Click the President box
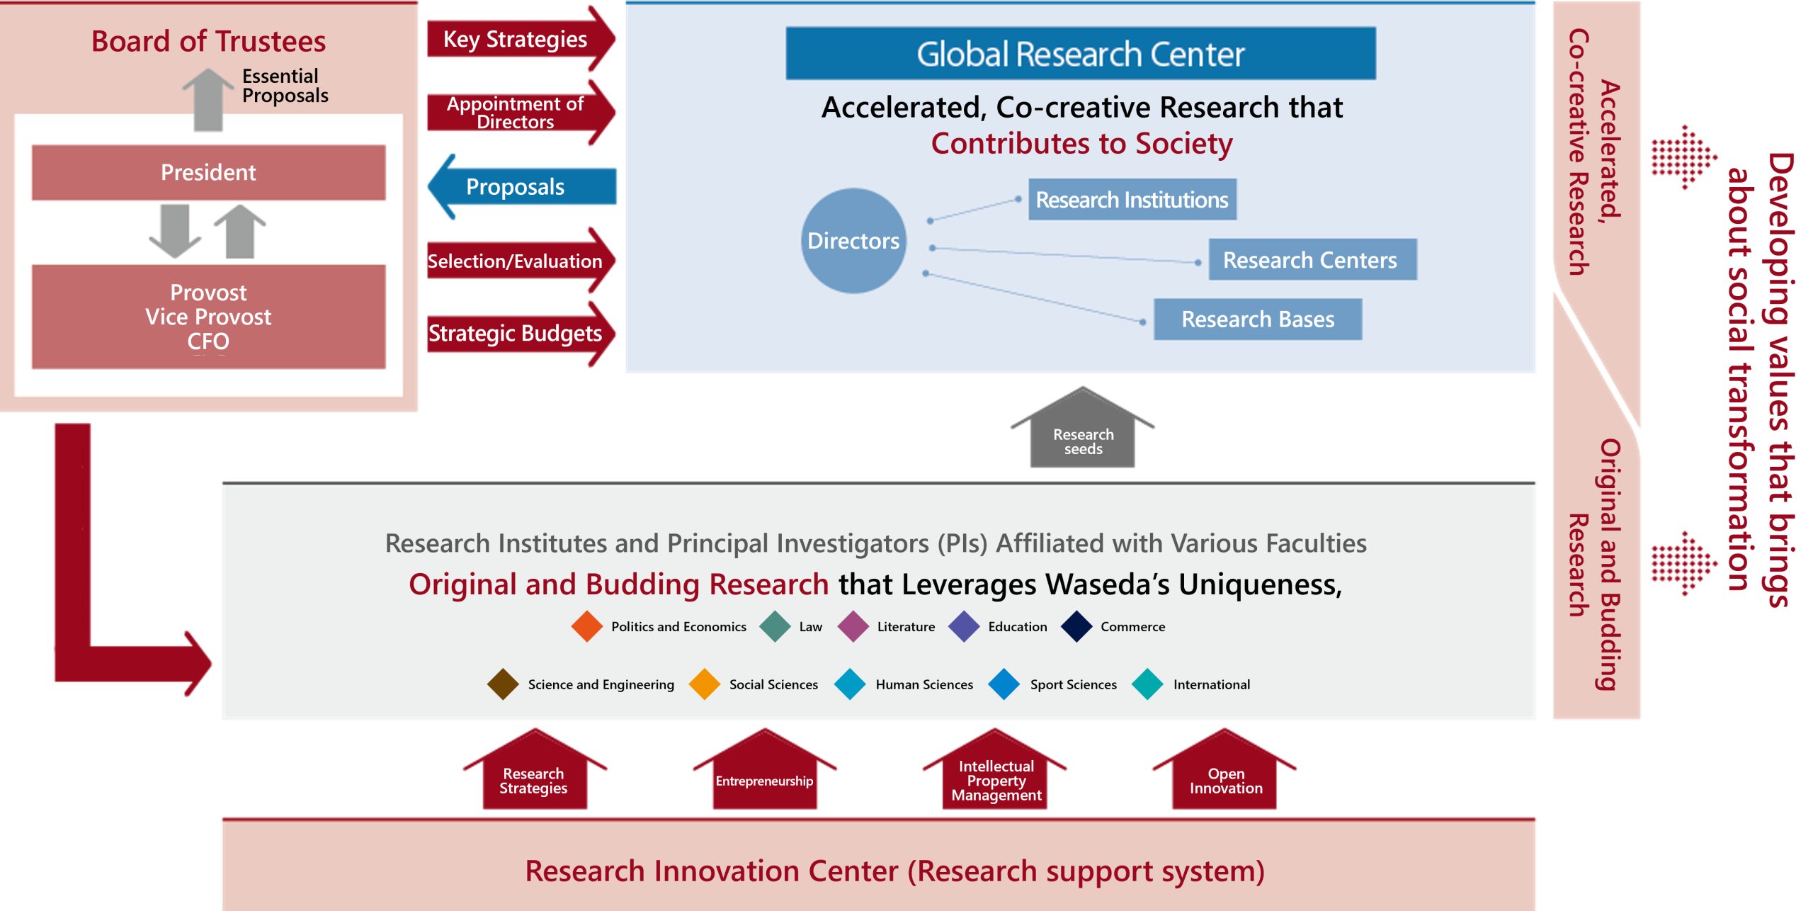point(208,173)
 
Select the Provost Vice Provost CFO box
point(208,317)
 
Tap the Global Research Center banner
point(1080,54)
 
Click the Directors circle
point(853,241)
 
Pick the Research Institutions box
point(1132,200)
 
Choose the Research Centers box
point(1312,260)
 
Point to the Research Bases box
point(1258,319)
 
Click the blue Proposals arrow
point(516,188)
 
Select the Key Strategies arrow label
point(515,40)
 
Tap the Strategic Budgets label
point(515,334)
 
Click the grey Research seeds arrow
point(1083,436)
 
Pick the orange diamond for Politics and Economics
point(587,627)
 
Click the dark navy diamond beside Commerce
point(1076,627)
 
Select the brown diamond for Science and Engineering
point(504,684)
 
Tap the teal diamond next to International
point(1147,684)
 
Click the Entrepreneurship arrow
point(764,775)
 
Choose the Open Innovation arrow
point(1225,775)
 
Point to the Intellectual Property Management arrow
point(996,776)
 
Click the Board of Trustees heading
point(208,42)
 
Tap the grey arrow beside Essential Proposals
point(208,99)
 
